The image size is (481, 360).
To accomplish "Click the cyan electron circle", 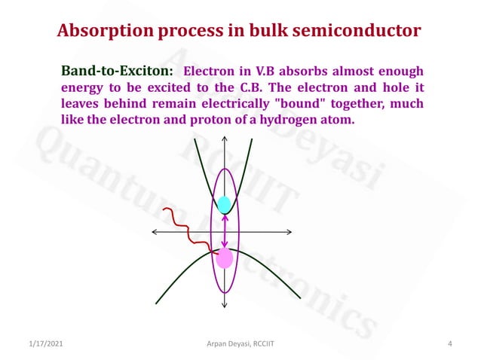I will [x=225, y=204].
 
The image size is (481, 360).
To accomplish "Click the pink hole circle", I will [x=225, y=258].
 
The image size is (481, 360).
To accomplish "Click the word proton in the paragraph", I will [x=221, y=119].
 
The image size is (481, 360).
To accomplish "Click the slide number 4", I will [x=449, y=344].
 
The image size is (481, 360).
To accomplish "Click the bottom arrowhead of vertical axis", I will [x=225, y=306].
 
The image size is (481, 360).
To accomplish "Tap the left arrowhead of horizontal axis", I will [x=155, y=231].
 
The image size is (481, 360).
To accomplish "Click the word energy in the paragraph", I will [x=81, y=87].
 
